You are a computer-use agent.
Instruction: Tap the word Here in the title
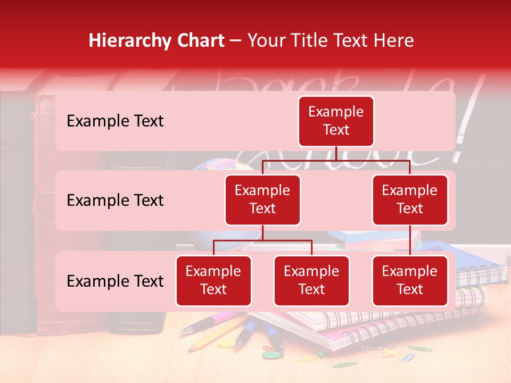pyautogui.click(x=392, y=41)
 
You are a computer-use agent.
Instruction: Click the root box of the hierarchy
pyautogui.click(x=336, y=121)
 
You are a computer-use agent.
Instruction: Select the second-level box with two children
pyautogui.click(x=262, y=199)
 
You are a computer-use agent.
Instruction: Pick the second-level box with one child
pyautogui.click(x=410, y=199)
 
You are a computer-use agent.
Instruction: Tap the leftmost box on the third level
pyautogui.click(x=213, y=280)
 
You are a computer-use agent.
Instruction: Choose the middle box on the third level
pyautogui.click(x=311, y=280)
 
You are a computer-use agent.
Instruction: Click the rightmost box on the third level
pyautogui.click(x=410, y=280)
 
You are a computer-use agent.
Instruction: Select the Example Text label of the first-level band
pyautogui.click(x=115, y=121)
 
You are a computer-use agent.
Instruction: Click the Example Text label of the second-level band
pyautogui.click(x=115, y=201)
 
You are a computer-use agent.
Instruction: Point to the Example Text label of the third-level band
pyautogui.click(x=115, y=281)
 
